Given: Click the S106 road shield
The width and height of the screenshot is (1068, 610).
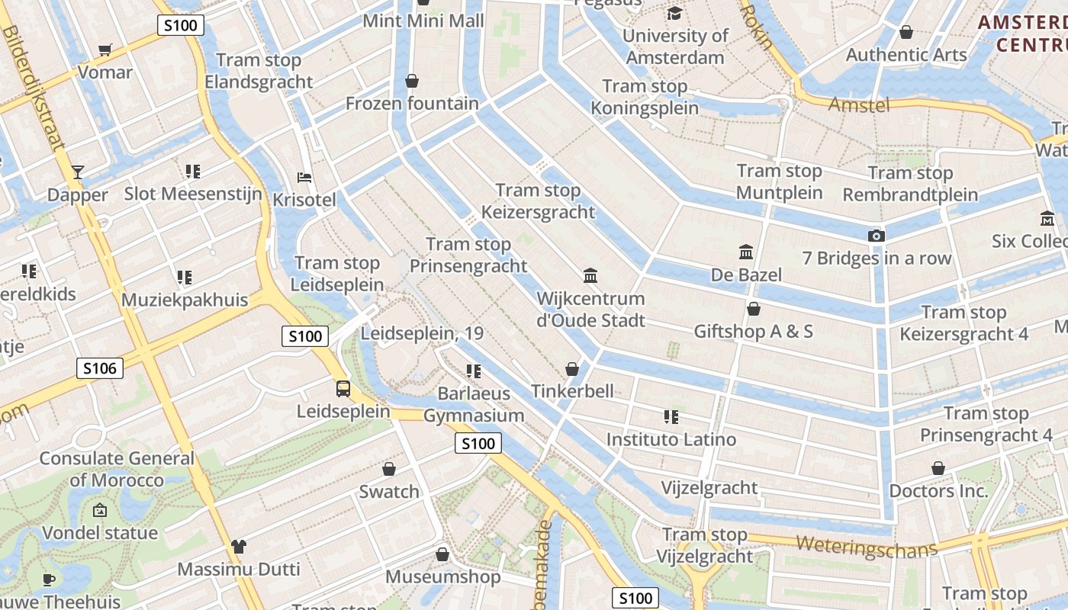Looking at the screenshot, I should pos(100,369).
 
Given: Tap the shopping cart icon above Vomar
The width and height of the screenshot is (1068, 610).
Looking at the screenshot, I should pos(105,50).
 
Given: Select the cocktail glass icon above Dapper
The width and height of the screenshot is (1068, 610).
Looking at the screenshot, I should pos(77,172).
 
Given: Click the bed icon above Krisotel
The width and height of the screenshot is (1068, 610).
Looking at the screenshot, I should pos(304,178).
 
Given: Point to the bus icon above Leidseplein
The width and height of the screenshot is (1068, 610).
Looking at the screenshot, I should pos(343,389).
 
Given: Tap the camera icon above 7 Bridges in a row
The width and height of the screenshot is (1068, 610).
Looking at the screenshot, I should pos(877,236).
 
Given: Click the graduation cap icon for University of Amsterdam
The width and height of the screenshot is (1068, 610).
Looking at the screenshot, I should pos(674,13).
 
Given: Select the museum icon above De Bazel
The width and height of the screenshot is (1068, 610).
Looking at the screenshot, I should pos(746,252).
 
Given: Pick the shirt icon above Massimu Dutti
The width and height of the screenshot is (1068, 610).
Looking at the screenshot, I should pos(239,547).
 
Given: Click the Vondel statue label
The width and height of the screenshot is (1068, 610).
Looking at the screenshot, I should pos(100,532).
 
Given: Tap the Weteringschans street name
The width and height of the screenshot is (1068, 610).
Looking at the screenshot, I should pos(867,546).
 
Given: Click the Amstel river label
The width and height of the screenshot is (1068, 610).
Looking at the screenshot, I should pos(859,104).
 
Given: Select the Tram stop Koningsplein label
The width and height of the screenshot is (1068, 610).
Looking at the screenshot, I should pos(645,97).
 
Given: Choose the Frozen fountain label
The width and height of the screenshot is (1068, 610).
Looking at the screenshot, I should pos(412,103).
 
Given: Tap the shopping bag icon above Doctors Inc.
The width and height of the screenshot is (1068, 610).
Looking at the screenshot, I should pos(938,468).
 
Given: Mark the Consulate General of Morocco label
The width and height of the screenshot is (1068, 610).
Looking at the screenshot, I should pos(117,469).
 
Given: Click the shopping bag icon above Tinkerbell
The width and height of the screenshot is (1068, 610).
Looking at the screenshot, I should pos(572,370).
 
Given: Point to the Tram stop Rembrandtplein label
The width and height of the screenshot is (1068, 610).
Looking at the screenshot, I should pos(910,184).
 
